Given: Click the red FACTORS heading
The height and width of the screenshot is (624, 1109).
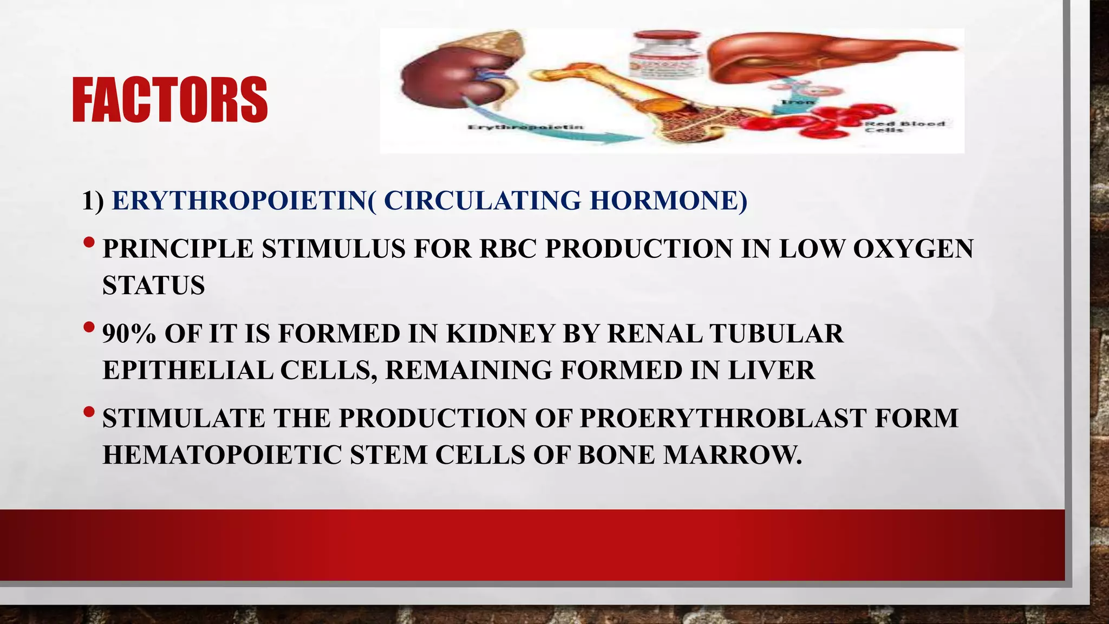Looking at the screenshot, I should [x=169, y=100].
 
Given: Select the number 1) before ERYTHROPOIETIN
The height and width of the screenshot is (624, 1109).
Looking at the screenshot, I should [x=93, y=201].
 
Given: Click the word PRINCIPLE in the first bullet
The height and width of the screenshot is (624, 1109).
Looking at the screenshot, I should [x=178, y=249].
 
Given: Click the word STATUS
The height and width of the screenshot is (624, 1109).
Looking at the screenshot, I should [x=154, y=285].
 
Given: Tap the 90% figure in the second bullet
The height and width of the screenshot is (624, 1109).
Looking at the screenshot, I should [x=129, y=334].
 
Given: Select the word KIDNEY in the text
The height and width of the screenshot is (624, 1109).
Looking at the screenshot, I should [x=500, y=334].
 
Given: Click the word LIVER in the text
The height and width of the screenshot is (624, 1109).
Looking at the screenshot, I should [x=771, y=370].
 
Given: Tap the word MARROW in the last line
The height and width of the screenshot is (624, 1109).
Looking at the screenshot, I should [x=732, y=455].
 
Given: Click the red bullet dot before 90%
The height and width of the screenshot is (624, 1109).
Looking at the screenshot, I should [x=89, y=328].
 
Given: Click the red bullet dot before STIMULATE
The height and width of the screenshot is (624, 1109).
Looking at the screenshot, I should [x=89, y=413].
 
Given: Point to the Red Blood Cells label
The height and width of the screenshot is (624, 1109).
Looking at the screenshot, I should [x=904, y=127].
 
